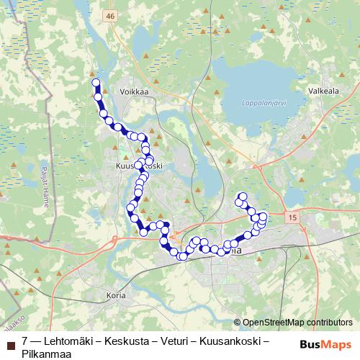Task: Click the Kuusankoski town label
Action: pos(138,166)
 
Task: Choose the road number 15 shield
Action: pos(290,217)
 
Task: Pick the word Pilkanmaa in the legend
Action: pos(45,351)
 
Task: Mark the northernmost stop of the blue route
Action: pos(95,83)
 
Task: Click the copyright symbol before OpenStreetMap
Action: pos(238,323)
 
